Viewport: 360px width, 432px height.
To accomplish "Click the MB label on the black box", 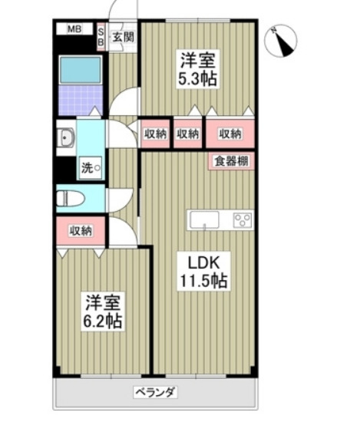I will click(74, 30).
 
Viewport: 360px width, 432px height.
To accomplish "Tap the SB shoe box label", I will click(101, 35).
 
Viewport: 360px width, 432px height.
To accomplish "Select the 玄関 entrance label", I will click(122, 35).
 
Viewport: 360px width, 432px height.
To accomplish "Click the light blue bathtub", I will click(81, 70).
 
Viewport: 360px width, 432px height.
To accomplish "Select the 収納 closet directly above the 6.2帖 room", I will click(81, 230).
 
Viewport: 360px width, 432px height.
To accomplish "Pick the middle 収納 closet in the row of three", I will click(187, 134).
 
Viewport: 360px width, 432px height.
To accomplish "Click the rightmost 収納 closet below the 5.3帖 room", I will click(230, 134).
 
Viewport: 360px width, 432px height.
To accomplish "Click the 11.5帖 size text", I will click(202, 281).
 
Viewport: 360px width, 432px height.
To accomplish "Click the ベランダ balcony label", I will click(156, 392).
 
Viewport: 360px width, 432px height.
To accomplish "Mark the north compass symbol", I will click(283, 41).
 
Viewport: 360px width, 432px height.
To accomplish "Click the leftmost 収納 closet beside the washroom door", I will click(156, 134).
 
